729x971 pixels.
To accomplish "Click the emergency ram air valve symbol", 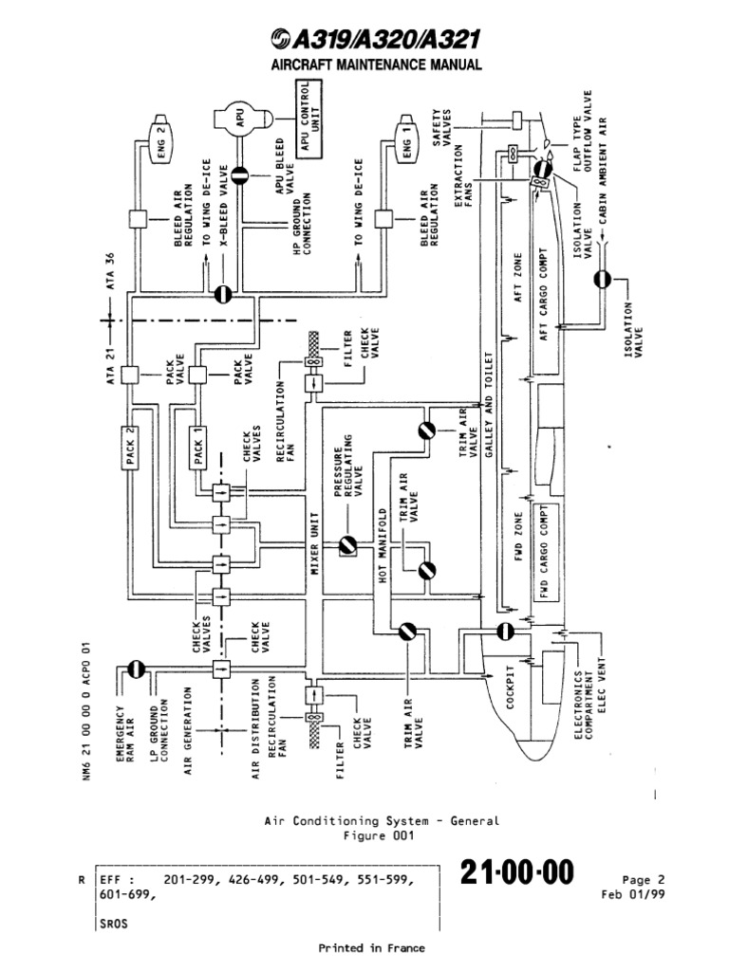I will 135,669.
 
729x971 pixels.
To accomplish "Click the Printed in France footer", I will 371,948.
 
